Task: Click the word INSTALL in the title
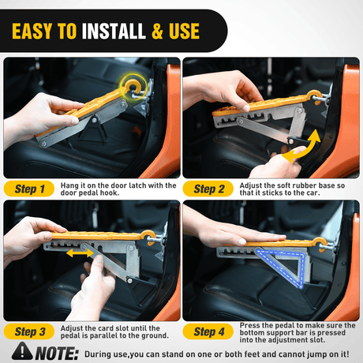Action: tap(114, 32)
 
